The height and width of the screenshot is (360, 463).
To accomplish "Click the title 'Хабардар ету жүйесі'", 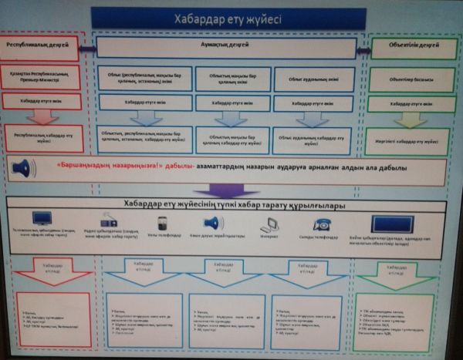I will pyautogui.click(x=228, y=19).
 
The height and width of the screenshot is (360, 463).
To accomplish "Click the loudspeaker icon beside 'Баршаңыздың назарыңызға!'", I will pyautogui.click(x=22, y=167).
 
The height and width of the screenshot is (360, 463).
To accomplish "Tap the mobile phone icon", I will pyautogui.click(x=163, y=222).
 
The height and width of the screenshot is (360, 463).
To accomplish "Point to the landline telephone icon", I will pyautogui.click(x=322, y=224).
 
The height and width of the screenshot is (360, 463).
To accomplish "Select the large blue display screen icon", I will pyautogui.click(x=393, y=223).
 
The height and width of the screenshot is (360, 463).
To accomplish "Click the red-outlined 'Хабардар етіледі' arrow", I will pyautogui.click(x=48, y=269).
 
